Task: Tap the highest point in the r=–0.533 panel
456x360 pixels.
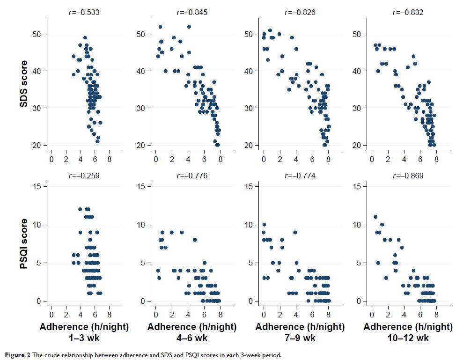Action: click(x=85, y=38)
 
